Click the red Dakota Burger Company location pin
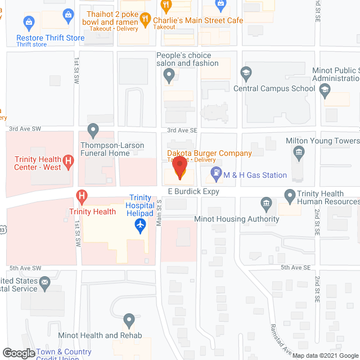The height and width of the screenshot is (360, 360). coord(179,168)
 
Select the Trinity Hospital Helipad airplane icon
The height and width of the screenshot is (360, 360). coord(141,226)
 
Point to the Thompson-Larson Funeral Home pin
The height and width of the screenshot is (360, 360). coord(93,131)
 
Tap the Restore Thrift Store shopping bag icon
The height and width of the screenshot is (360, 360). coord(28,23)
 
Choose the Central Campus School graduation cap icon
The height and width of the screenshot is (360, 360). coord(245,73)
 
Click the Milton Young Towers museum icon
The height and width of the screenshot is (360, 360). coord(299,152)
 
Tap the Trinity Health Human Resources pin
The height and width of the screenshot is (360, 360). coord(290,196)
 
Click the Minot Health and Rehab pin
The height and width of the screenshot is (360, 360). coord(129,321)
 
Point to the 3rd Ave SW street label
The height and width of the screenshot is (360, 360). coord(21,129)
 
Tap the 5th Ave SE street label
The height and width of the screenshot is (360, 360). coord(296,268)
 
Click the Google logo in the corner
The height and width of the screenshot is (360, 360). coord(18,353)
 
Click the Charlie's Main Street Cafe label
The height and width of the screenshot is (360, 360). coord(198,21)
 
